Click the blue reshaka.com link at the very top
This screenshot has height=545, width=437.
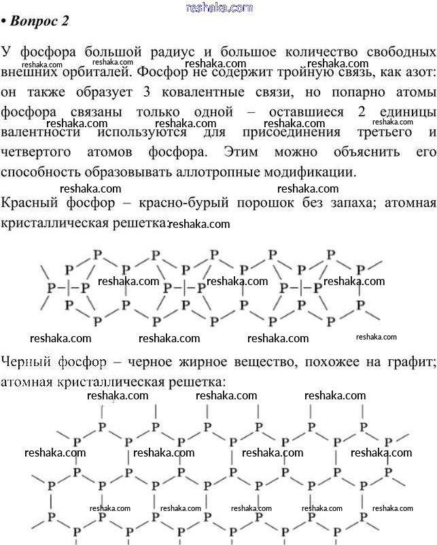[218, 7]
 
